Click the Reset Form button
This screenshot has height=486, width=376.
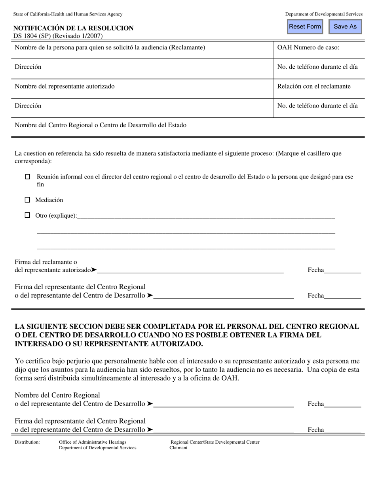(x=305, y=26)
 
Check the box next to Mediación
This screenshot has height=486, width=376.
(x=27, y=200)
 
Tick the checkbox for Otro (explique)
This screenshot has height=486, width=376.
(x=27, y=215)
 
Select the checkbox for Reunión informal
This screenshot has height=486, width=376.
(x=27, y=177)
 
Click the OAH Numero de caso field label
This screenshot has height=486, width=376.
(x=308, y=48)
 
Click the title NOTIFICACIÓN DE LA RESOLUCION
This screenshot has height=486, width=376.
(x=73, y=28)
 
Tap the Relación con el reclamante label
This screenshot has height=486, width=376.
(x=313, y=87)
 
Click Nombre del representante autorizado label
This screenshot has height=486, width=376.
(x=65, y=87)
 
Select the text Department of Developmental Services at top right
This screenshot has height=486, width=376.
(x=323, y=14)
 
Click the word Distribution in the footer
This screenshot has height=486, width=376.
(x=27, y=442)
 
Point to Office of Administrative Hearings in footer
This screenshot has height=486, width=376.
(x=92, y=442)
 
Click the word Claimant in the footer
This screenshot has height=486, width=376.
(x=178, y=448)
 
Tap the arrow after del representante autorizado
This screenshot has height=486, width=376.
(x=93, y=270)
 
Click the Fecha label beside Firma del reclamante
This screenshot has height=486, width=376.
(x=315, y=270)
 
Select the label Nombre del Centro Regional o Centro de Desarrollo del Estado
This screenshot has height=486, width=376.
(x=100, y=125)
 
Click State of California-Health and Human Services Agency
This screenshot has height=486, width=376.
(x=68, y=14)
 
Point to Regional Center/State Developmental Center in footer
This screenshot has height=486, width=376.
(x=215, y=442)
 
